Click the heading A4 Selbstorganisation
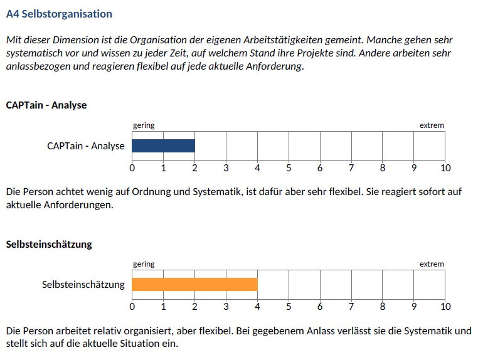pos(59,13)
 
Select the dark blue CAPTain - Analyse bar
pos(163,146)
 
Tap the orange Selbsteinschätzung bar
pos(194,285)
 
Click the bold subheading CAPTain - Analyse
pos(46,105)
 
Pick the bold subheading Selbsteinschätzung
pos(49,245)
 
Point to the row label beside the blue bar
pos(86,146)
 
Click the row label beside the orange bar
pos(83,285)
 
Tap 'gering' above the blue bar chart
pos(144,125)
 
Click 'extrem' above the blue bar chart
pos(432,125)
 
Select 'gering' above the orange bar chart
pos(144,264)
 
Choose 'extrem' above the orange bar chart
pos(432,264)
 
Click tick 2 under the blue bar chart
pos(194,168)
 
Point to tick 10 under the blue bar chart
pos(445,168)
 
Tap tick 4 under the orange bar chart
pos(257,307)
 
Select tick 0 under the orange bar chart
pos(132,307)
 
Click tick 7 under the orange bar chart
pos(351,307)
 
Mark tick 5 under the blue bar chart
pos(289,168)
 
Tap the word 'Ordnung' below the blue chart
pos(170,191)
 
